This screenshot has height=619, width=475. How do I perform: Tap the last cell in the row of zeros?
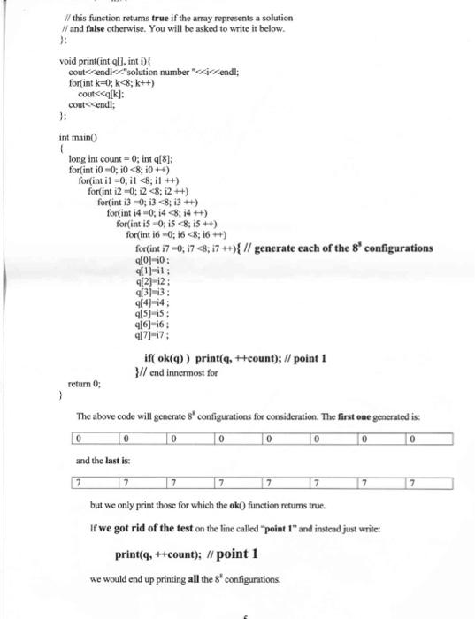click(x=429, y=439)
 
